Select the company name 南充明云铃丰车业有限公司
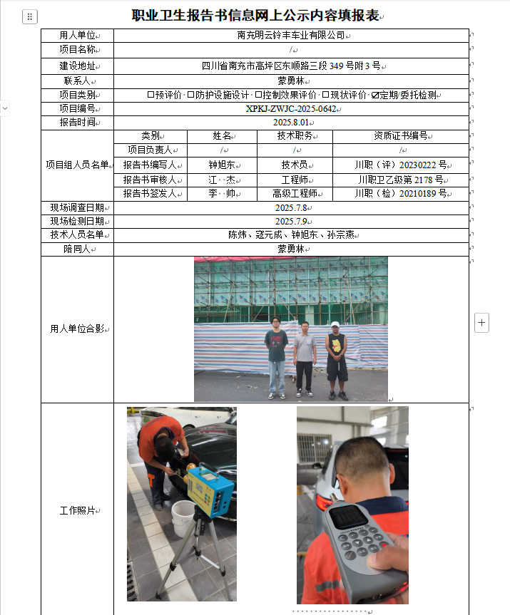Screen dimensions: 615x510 [290, 35]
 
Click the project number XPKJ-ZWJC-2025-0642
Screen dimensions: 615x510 [290, 109]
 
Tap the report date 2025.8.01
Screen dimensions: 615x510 [290, 123]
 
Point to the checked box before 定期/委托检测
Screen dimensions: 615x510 [375, 95]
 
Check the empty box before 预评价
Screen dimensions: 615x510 [151, 95]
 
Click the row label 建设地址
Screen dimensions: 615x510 [76, 66]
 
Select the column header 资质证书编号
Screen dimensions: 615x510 [400, 136]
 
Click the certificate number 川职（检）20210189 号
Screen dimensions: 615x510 [400, 193]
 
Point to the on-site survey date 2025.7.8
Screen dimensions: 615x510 [290, 208]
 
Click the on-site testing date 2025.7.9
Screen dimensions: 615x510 [290, 222]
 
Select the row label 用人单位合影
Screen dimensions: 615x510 [76, 329]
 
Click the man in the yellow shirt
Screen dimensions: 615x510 [336, 360]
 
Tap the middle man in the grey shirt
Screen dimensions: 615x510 [305, 356]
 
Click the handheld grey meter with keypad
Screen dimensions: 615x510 [355, 534]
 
